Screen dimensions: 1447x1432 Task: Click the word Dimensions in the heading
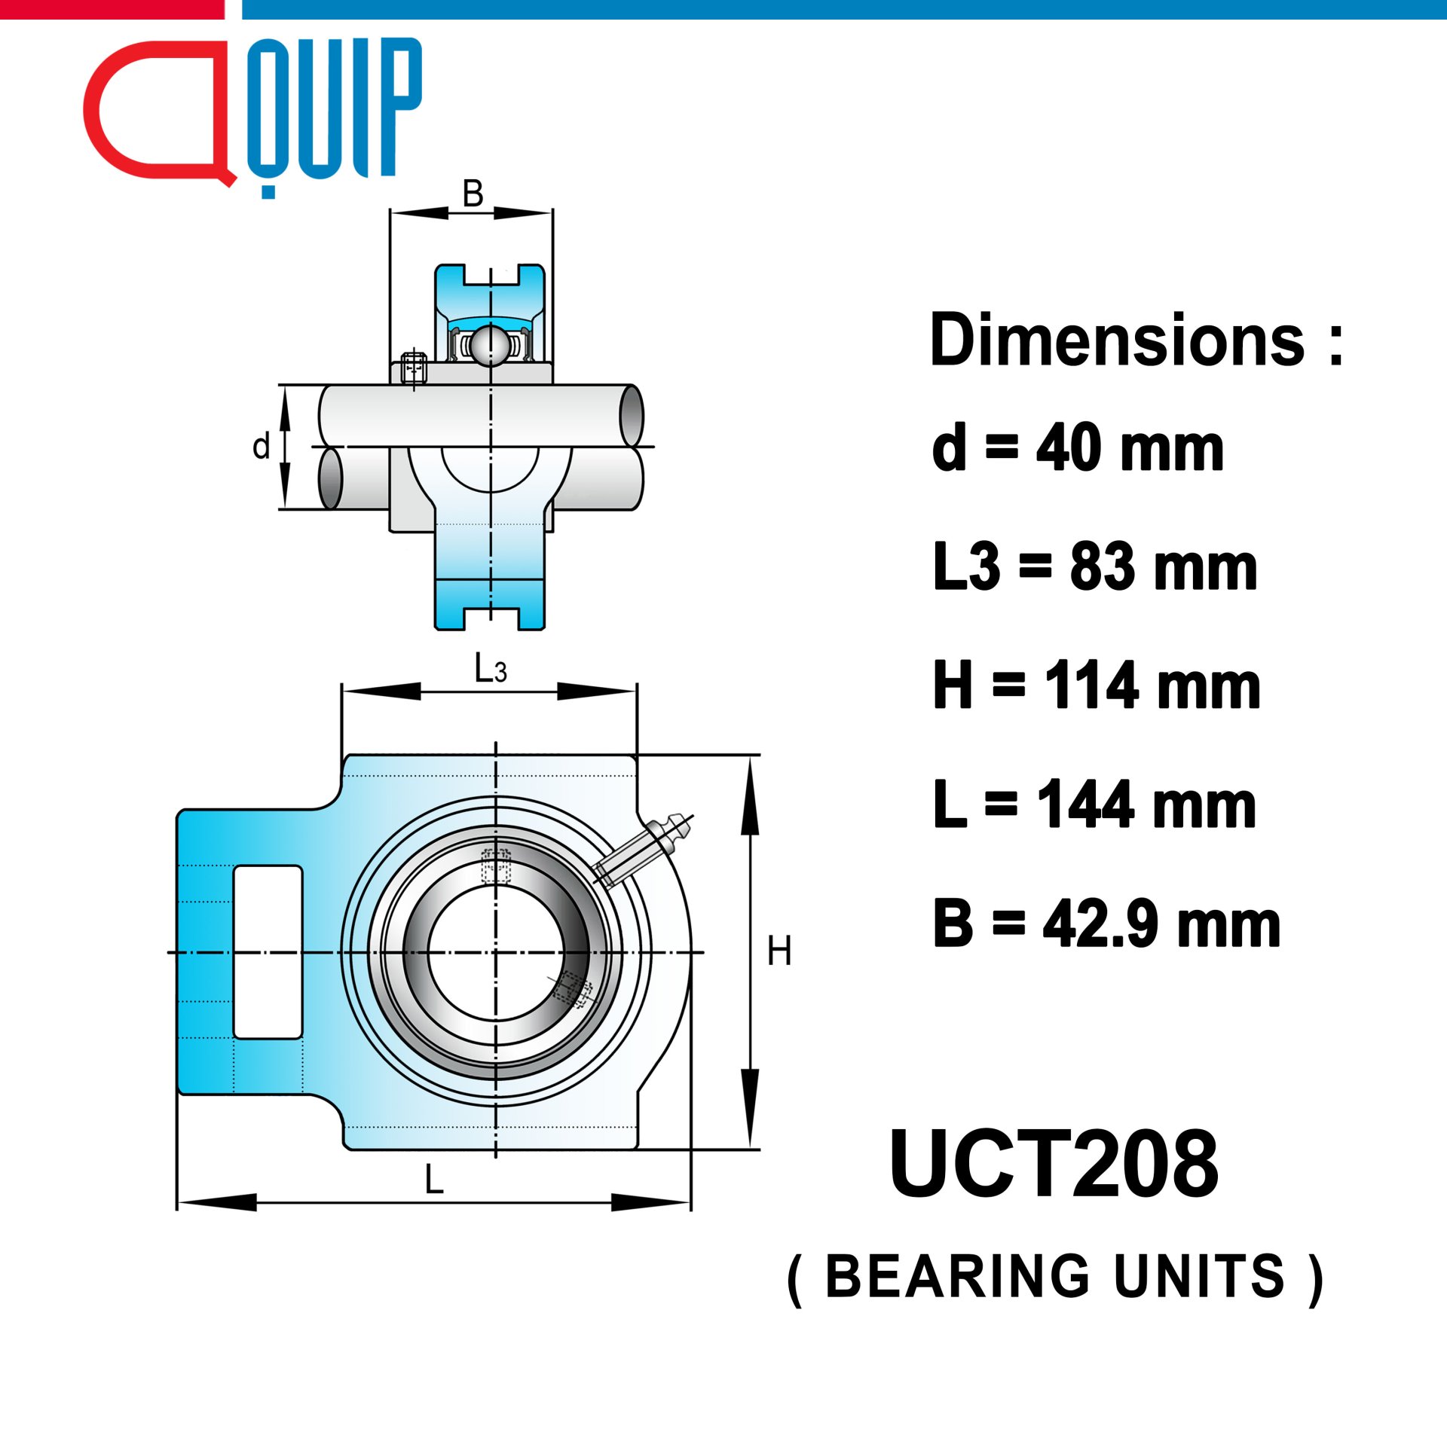pos(1118,341)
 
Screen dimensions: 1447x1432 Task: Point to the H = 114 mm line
pos(1097,685)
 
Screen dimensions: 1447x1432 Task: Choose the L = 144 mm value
pos(1094,804)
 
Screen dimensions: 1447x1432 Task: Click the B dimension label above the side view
pos(473,194)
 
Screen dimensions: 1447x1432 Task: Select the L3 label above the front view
pos(490,667)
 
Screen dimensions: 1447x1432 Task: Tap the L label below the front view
pos(434,1179)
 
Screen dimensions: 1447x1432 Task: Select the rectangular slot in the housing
pos(268,952)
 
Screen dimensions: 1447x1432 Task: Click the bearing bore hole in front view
pos(496,952)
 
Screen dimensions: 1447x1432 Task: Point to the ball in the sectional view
pos(491,346)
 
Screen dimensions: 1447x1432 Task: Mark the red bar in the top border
pos(112,10)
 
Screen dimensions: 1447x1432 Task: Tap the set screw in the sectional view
pos(414,368)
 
